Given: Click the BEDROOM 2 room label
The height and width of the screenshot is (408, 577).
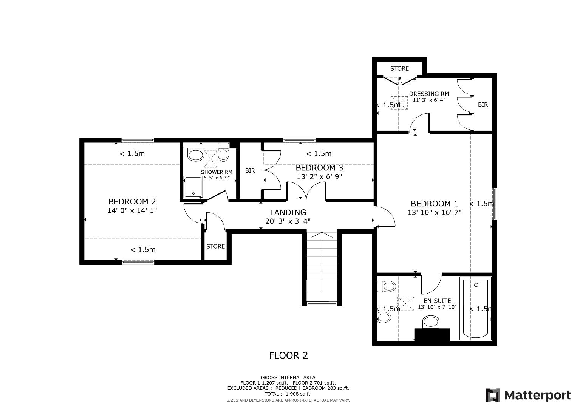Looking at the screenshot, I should (x=132, y=202).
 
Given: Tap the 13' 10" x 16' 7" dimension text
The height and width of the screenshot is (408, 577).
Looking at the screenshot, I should (x=435, y=213).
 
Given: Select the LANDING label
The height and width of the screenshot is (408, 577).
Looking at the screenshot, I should (x=288, y=212).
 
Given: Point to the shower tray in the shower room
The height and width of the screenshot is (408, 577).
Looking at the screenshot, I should (x=193, y=187).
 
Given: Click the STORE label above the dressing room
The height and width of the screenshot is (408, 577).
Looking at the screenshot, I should (x=399, y=68).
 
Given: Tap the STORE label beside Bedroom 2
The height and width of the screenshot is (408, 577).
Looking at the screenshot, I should (x=215, y=246).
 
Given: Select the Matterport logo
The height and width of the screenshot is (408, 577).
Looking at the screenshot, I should (x=528, y=395).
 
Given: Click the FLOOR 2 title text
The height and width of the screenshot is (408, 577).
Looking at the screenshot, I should (x=288, y=355).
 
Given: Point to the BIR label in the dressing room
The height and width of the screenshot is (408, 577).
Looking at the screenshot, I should (x=483, y=105).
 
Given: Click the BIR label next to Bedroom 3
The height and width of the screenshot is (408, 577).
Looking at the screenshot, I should (x=250, y=171).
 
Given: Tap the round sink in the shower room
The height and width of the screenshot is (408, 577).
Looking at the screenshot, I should (x=195, y=155).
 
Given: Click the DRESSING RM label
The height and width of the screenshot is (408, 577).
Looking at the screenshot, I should (x=429, y=94).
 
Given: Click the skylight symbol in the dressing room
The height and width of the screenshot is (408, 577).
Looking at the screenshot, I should (x=399, y=102).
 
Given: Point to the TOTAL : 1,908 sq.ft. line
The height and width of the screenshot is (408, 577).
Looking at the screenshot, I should (x=288, y=394).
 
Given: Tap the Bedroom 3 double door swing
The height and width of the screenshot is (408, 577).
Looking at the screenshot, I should (x=306, y=191).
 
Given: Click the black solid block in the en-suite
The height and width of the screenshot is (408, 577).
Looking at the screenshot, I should (x=432, y=335).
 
